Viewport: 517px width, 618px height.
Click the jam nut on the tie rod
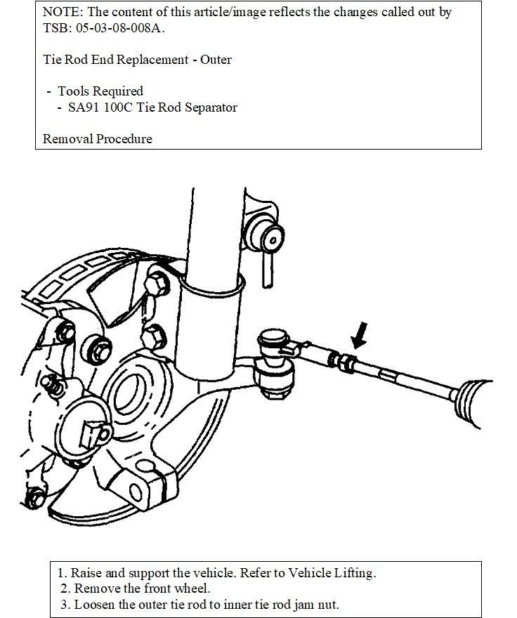tap(346, 363)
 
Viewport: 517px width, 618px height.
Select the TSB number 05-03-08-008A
tap(123, 27)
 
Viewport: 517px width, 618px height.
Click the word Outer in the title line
tap(216, 60)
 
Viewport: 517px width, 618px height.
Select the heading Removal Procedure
tap(97, 138)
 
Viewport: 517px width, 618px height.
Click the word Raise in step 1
tap(86, 573)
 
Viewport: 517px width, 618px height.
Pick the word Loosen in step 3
tap(92, 605)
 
